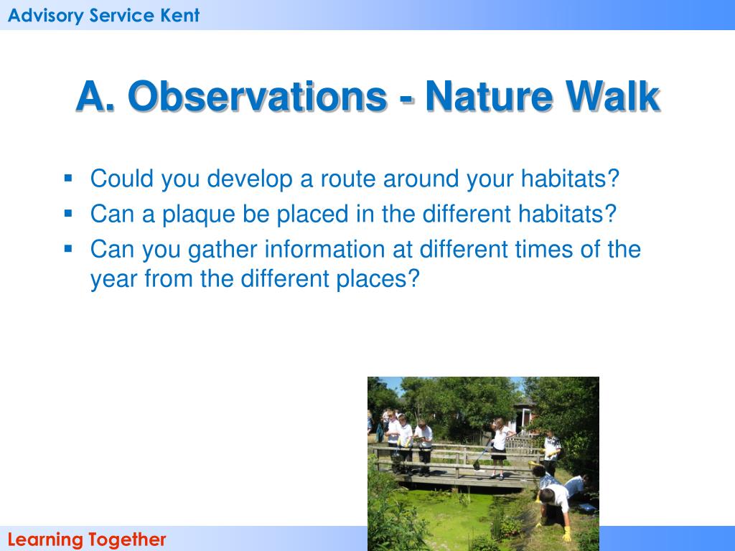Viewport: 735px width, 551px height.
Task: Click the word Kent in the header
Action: [180, 16]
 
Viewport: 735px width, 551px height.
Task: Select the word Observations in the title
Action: [258, 96]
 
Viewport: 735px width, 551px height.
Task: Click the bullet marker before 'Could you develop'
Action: [68, 178]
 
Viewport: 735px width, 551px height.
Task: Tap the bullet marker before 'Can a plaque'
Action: [68, 214]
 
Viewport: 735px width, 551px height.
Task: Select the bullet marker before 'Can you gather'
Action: [68, 248]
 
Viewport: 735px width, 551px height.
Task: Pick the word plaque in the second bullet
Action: [198, 215]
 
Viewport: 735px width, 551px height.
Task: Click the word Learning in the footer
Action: [45, 540]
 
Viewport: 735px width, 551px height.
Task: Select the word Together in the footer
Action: [126, 540]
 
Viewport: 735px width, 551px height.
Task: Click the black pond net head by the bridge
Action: [477, 466]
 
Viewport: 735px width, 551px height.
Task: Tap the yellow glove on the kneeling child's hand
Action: [566, 534]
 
